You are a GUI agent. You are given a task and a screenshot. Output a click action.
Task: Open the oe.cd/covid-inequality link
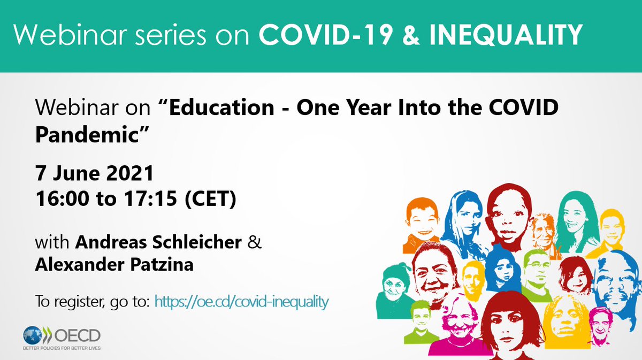pyautogui.click(x=241, y=302)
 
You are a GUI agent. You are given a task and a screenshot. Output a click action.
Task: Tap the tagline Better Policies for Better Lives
pyautogui.click(x=60, y=348)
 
